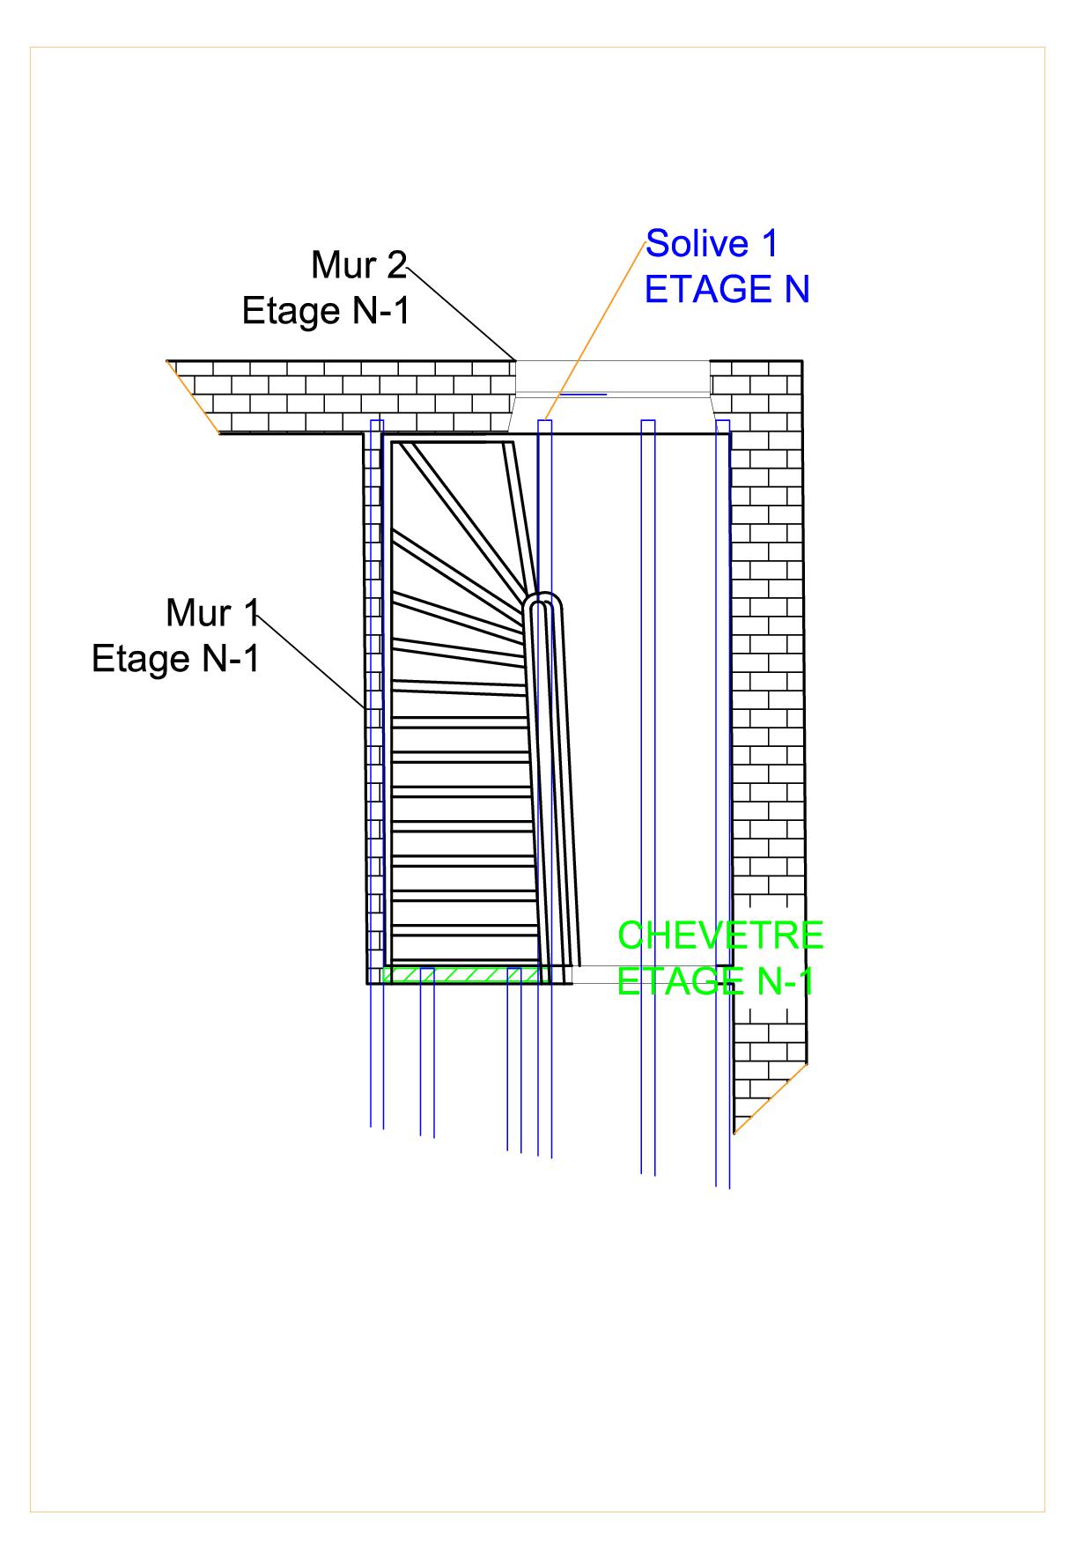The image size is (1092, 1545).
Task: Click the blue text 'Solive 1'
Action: coord(712,244)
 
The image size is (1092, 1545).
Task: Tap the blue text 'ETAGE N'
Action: coord(727,290)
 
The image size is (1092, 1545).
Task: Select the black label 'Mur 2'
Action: coord(358,265)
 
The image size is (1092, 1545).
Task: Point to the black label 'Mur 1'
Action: coord(212,613)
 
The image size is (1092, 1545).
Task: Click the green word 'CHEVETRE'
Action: coord(720,935)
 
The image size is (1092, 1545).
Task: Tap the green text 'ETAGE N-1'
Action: coord(715,981)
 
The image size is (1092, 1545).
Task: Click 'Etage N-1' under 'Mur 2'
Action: coord(326,311)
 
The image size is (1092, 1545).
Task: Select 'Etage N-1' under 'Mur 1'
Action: coord(176,659)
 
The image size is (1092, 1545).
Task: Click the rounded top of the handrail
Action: coord(544,601)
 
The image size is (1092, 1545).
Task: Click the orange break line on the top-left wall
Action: coord(193,396)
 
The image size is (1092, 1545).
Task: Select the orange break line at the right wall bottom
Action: coord(771,1098)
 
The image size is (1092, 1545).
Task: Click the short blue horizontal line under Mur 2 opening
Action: coord(583,395)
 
